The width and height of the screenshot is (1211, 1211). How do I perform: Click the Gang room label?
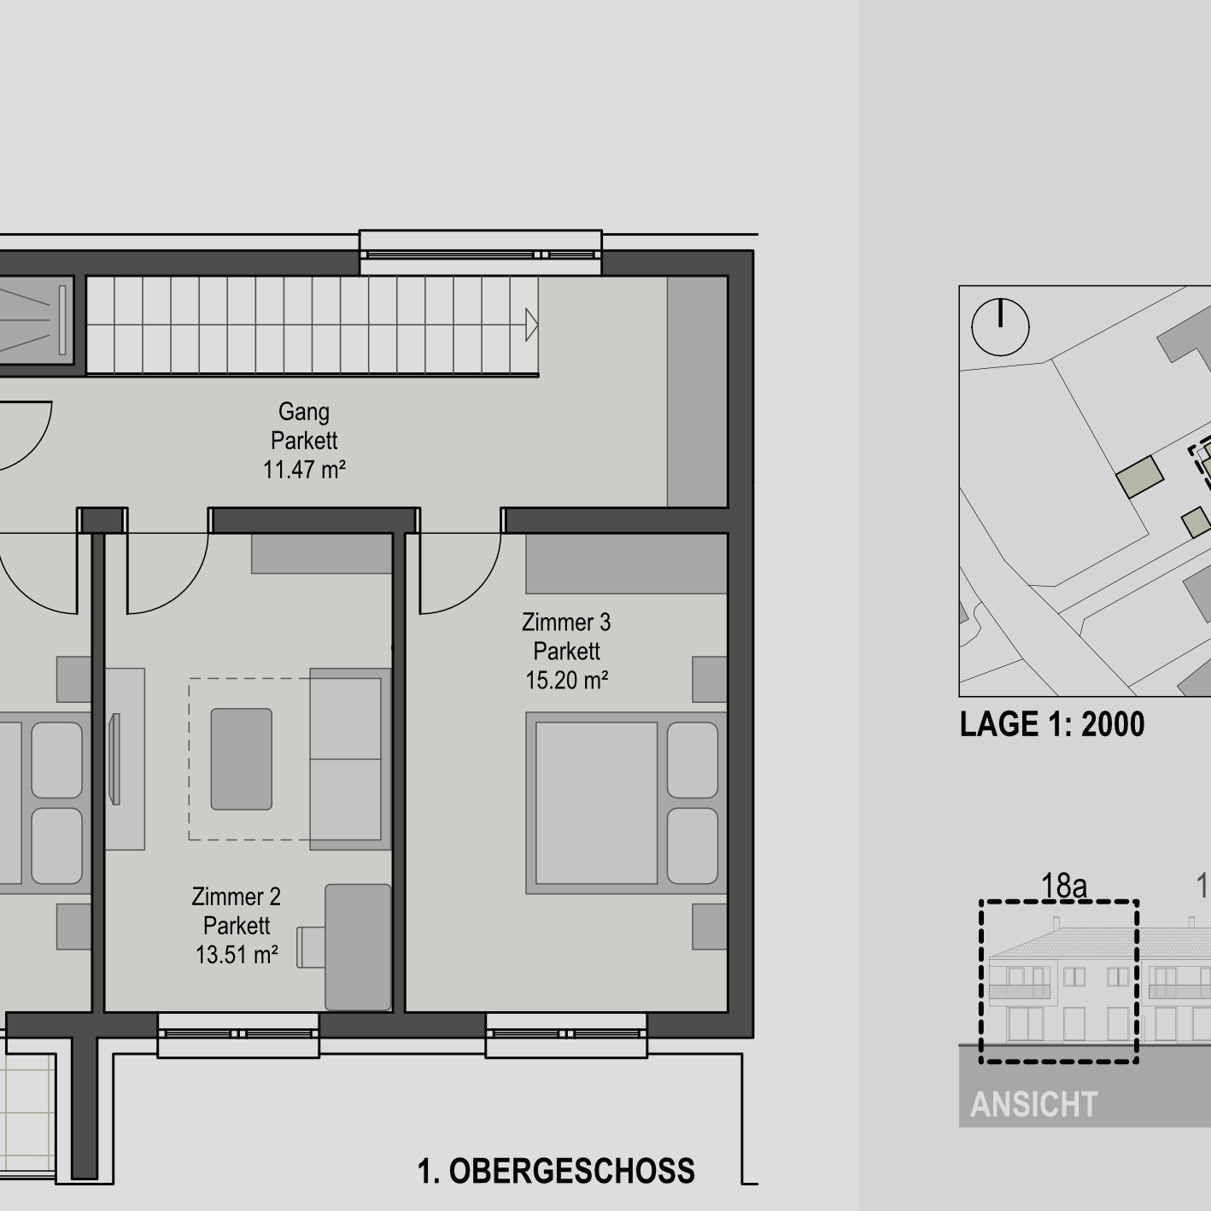click(304, 412)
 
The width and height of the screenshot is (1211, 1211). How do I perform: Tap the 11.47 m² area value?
click(304, 470)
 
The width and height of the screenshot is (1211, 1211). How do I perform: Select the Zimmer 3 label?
click(566, 623)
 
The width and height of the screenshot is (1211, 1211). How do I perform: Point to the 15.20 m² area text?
click(566, 681)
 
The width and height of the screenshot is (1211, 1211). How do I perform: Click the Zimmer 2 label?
click(237, 897)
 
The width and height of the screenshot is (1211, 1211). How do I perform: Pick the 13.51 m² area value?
click(237, 955)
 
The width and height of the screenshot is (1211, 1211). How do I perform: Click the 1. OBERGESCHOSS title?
click(556, 1171)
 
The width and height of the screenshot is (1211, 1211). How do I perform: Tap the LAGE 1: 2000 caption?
click(1051, 724)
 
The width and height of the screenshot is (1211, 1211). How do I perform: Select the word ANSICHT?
click(1033, 1105)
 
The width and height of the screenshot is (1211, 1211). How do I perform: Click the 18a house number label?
click(1063, 886)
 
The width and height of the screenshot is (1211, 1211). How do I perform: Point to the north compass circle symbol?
click(1000, 326)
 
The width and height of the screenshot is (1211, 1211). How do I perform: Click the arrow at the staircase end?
click(531, 325)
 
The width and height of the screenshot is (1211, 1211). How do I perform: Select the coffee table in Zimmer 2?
click(242, 758)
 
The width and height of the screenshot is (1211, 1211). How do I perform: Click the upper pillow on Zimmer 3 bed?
click(692, 760)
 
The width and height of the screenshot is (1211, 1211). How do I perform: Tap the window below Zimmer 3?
click(566, 1034)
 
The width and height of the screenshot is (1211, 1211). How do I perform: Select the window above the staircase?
click(480, 254)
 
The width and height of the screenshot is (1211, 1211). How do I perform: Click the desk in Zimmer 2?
click(358, 947)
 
